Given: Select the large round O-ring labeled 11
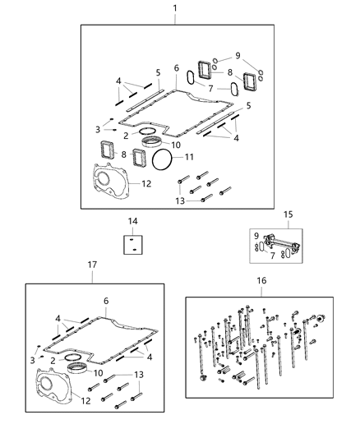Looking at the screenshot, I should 164,160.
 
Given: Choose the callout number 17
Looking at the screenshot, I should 92,265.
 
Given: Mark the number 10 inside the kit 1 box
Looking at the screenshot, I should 175,145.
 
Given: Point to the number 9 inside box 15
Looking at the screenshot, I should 256,236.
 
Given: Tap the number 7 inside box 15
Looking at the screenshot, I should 273,256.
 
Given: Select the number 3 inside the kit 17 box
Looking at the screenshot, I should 32,358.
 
